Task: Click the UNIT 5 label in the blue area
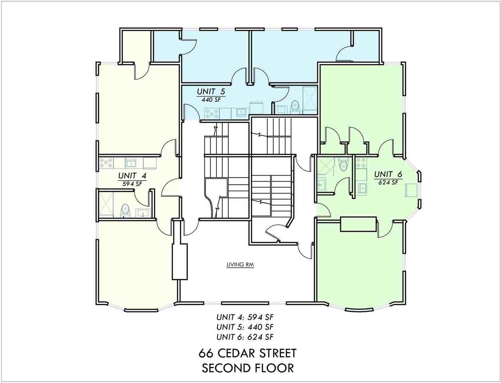(x=211, y=92)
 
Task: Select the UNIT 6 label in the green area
(x=388, y=174)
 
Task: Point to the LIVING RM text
(x=240, y=265)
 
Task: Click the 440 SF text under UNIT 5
(x=211, y=100)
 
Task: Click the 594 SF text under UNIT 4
(x=132, y=184)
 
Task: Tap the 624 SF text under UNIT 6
(x=388, y=183)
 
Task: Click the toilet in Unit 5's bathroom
(x=295, y=106)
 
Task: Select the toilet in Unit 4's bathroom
(x=125, y=210)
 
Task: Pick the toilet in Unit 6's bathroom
(x=343, y=164)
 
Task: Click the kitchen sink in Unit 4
(x=131, y=163)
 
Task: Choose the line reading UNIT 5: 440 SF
(x=245, y=327)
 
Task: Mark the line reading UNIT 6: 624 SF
(x=245, y=337)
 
